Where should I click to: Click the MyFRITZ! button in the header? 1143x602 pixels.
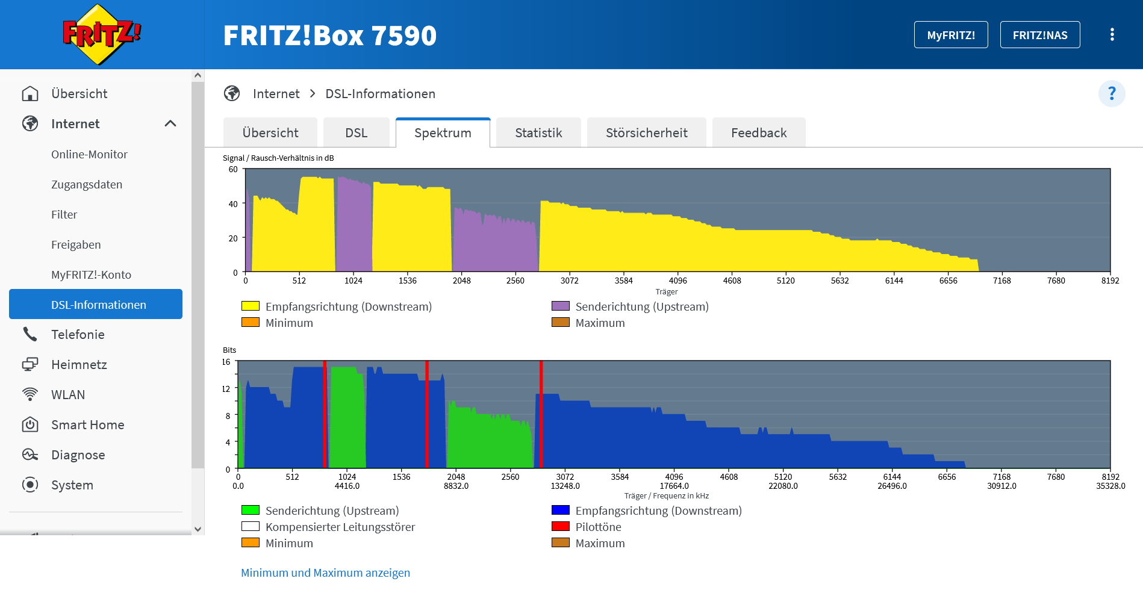pos(950,35)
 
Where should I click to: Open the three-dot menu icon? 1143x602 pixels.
pos(1112,35)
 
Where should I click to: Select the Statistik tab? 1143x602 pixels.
pos(538,132)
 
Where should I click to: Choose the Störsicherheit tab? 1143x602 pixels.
pos(646,132)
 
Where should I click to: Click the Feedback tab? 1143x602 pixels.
pos(758,132)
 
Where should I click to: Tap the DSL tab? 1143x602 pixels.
pos(356,132)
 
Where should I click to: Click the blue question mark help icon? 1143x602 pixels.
pos(1111,94)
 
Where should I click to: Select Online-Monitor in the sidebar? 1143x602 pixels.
pos(89,154)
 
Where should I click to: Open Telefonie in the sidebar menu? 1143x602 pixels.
pos(78,334)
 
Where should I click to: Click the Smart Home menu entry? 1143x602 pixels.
pos(87,424)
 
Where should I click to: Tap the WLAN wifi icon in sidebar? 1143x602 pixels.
pos(30,394)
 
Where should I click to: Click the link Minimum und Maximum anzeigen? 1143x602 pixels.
pos(325,573)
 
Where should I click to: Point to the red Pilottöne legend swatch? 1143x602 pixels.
pos(560,526)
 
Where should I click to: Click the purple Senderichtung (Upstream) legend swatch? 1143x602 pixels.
pos(560,306)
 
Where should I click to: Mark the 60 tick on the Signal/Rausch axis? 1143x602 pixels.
pos(233,169)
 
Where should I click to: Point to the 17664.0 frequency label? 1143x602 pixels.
pos(674,486)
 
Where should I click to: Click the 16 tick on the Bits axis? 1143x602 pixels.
pos(226,362)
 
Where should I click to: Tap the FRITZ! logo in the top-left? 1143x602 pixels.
pos(101,34)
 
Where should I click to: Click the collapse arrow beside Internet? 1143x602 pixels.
pos(170,123)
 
